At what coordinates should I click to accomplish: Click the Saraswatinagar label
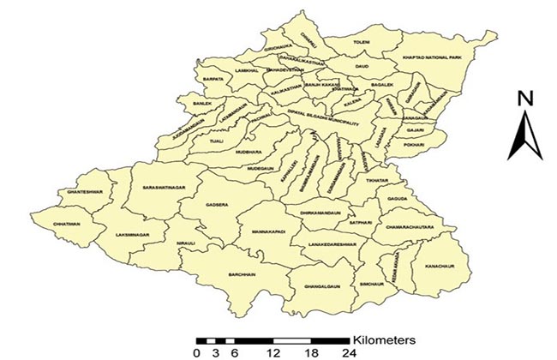[163, 186]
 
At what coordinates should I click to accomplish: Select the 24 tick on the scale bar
[348, 352]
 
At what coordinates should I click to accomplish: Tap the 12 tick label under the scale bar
[273, 352]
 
